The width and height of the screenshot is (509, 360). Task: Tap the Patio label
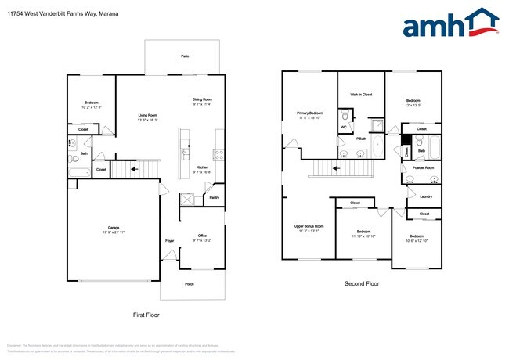click(x=186, y=57)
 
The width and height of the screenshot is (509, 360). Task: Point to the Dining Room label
click(x=203, y=99)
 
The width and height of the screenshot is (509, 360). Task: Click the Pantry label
click(x=214, y=198)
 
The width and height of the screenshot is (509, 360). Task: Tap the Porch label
click(x=189, y=284)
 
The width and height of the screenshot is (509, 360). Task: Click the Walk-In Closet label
click(x=361, y=94)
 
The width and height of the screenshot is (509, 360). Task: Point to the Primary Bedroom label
click(x=310, y=113)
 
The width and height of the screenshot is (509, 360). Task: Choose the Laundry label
click(x=426, y=196)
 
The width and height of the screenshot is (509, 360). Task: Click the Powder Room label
click(x=424, y=167)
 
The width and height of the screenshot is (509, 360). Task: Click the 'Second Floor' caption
click(x=362, y=283)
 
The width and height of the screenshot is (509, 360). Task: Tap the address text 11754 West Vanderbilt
click(x=59, y=9)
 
